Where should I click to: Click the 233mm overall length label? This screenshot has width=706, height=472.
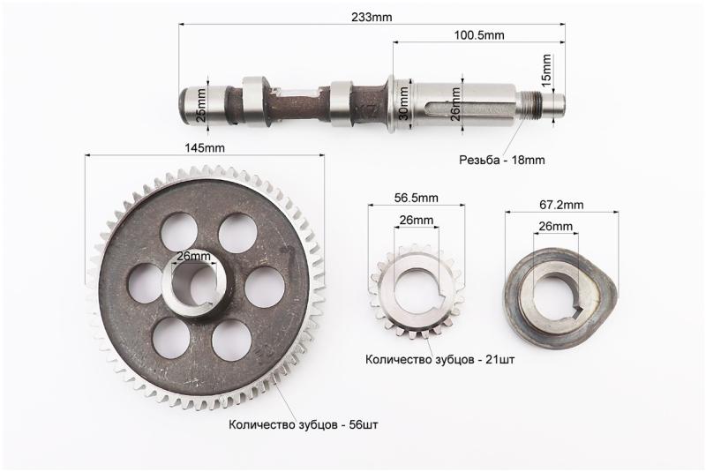[372, 17]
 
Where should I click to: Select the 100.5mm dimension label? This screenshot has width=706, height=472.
[479, 35]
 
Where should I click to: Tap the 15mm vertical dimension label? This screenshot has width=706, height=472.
[545, 70]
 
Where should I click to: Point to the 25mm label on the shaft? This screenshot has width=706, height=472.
[201, 104]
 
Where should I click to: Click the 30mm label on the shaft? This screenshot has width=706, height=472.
[404, 103]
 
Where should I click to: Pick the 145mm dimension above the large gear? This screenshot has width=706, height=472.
[205, 147]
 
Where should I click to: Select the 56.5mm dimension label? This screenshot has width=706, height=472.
[416, 198]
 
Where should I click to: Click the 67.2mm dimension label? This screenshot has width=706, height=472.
[561, 206]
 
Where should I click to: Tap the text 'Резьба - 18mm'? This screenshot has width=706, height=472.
[501, 160]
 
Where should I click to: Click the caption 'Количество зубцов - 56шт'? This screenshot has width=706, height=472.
[304, 424]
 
